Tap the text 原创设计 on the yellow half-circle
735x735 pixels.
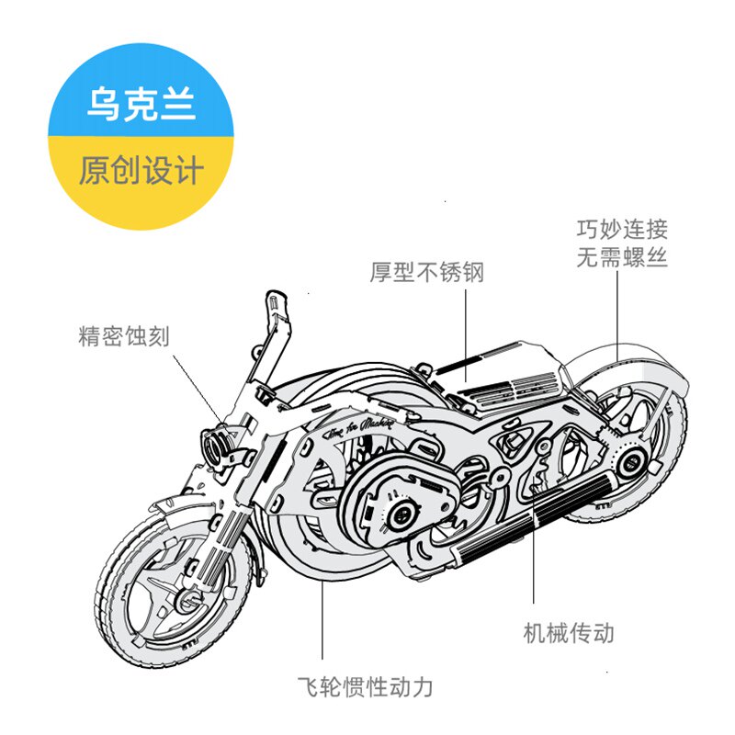tap(141, 170)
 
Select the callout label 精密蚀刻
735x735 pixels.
tap(124, 335)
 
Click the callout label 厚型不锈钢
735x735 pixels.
tap(426, 272)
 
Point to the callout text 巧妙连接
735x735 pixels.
tap(622, 229)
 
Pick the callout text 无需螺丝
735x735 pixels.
tap(622, 257)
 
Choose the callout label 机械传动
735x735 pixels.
tap(569, 633)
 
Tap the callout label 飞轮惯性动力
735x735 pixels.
tap(365, 687)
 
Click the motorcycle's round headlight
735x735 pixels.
tap(217, 446)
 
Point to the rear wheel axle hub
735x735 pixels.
tap(630, 462)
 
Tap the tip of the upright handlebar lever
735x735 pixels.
tap(276, 295)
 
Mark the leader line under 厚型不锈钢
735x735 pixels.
tap(466, 335)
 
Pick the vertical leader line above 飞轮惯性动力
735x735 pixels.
tap(322, 619)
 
